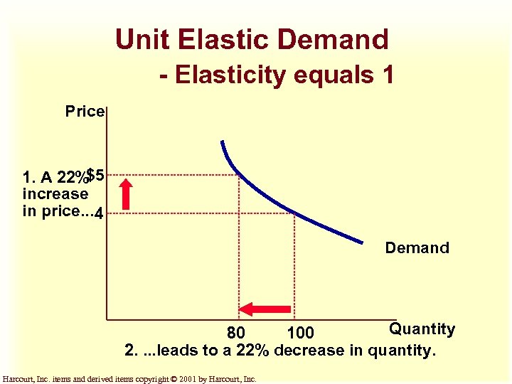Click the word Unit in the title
click(x=141, y=40)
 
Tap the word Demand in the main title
click(x=335, y=40)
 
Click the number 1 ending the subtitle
click(x=387, y=74)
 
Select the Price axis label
click(x=85, y=112)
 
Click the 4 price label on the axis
click(x=99, y=213)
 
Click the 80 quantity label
click(x=236, y=333)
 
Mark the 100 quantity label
click(x=300, y=333)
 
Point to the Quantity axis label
click(x=421, y=329)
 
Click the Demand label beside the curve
click(x=417, y=248)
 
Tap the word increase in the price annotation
click(x=55, y=194)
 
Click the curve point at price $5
click(x=238, y=174)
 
